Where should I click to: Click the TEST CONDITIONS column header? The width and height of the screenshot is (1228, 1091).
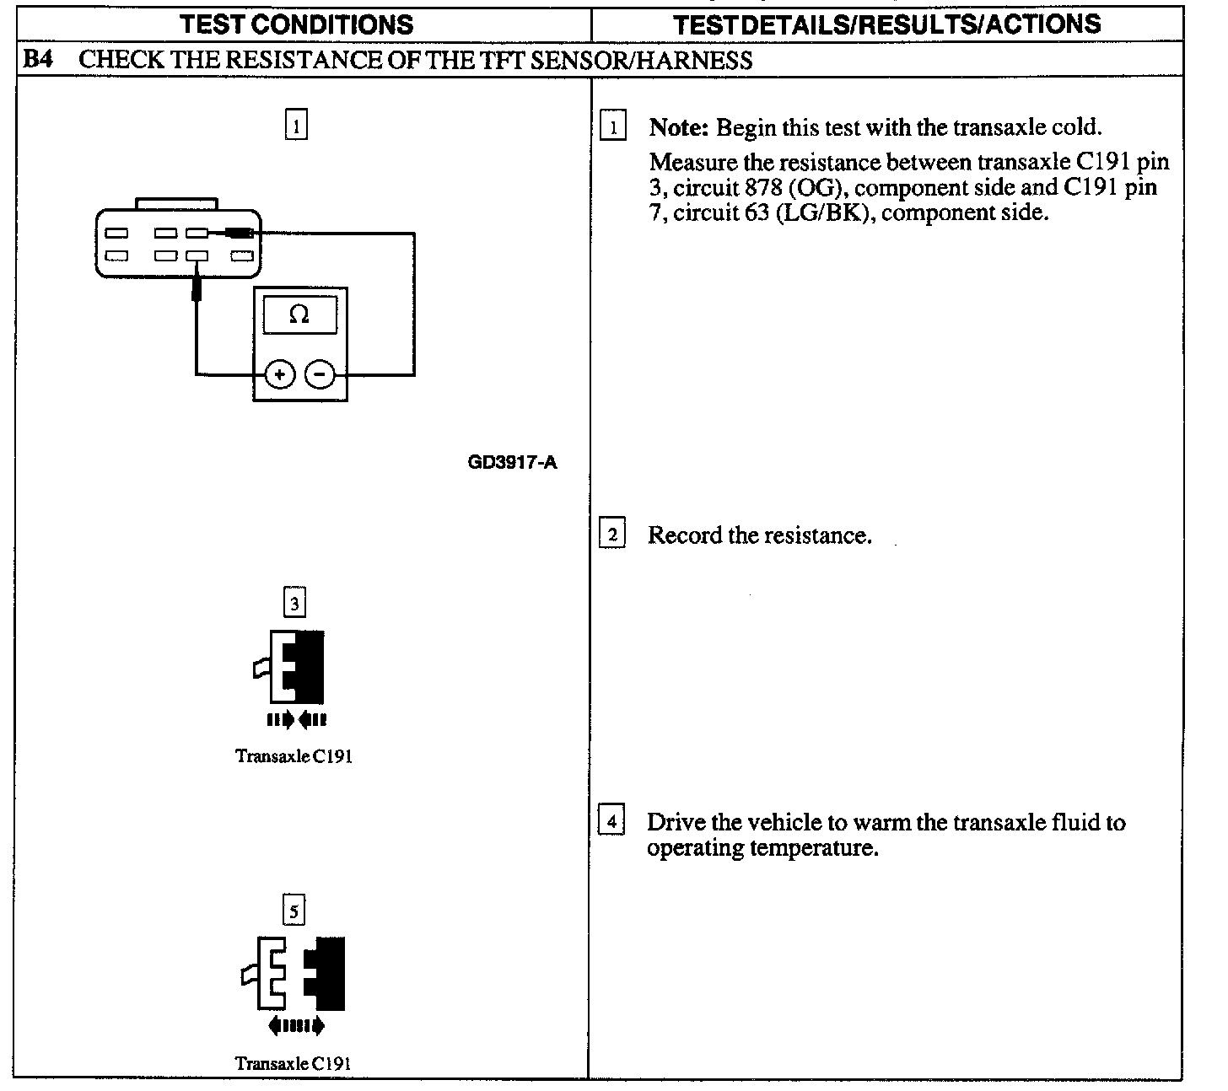click(x=297, y=24)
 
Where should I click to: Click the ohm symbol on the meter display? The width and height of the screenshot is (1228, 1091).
click(x=299, y=314)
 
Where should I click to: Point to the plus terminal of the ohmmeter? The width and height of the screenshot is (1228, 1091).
click(x=280, y=374)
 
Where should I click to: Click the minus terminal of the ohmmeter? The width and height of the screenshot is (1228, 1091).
click(x=319, y=374)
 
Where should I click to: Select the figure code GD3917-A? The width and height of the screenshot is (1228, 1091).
click(x=512, y=462)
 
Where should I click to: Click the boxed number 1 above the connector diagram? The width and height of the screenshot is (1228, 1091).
click(x=296, y=126)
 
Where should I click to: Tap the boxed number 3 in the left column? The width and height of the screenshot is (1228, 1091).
click(x=294, y=604)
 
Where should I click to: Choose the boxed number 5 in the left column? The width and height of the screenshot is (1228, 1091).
click(x=294, y=911)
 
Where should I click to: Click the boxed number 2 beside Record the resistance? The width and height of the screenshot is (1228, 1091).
click(x=612, y=535)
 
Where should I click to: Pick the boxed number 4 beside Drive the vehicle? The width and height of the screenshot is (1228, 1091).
click(x=612, y=821)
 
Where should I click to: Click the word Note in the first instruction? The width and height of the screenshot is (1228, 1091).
click(x=677, y=128)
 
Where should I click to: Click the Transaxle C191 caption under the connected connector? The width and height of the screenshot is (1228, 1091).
click(x=294, y=755)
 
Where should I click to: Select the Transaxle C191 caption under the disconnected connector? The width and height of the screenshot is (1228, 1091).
click(x=294, y=1063)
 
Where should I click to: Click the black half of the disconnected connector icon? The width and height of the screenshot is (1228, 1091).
click(x=329, y=973)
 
